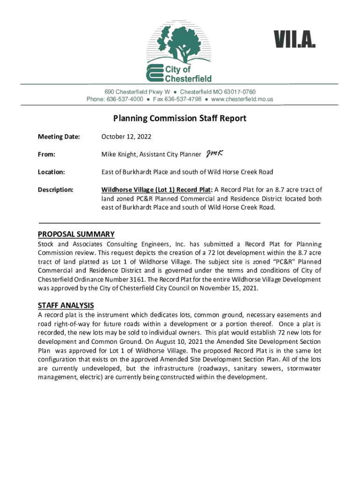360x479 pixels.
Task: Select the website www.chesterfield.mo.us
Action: click(242, 99)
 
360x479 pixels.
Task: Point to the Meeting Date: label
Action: click(59, 137)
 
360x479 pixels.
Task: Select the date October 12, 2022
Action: click(126, 137)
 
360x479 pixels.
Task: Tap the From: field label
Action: click(47, 154)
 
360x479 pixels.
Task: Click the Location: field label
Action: click(51, 172)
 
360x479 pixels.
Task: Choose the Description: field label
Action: click(55, 190)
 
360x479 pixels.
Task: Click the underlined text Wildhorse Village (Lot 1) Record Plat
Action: click(157, 190)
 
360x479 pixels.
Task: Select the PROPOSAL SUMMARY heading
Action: click(76, 234)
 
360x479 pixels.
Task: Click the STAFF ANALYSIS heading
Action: click(66, 305)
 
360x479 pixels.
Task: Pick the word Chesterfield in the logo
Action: click(188, 78)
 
